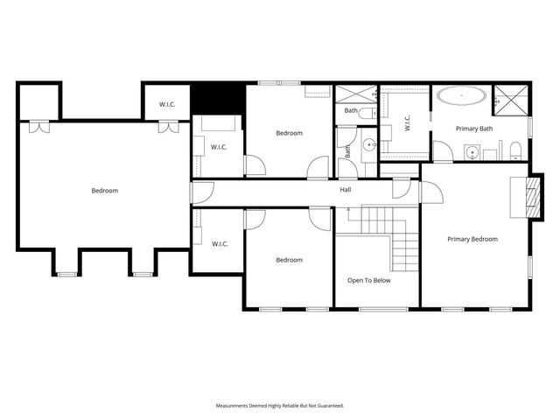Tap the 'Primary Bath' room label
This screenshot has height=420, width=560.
[x=474, y=129]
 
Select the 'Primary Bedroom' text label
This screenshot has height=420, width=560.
[x=472, y=239]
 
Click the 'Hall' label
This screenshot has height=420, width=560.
[x=346, y=189]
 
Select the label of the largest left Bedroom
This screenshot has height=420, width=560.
[x=104, y=190]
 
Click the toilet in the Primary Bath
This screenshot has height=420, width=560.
[x=516, y=149]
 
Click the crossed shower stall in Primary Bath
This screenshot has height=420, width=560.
[x=510, y=98]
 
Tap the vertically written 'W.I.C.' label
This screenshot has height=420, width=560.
[x=408, y=125]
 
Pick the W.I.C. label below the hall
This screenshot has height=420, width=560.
[x=219, y=243]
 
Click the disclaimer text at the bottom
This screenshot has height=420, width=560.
[x=280, y=406]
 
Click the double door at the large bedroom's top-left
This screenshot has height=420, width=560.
[x=37, y=128]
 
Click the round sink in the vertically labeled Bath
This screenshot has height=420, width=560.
[x=368, y=145]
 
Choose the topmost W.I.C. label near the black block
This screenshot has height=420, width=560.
[x=168, y=105]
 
